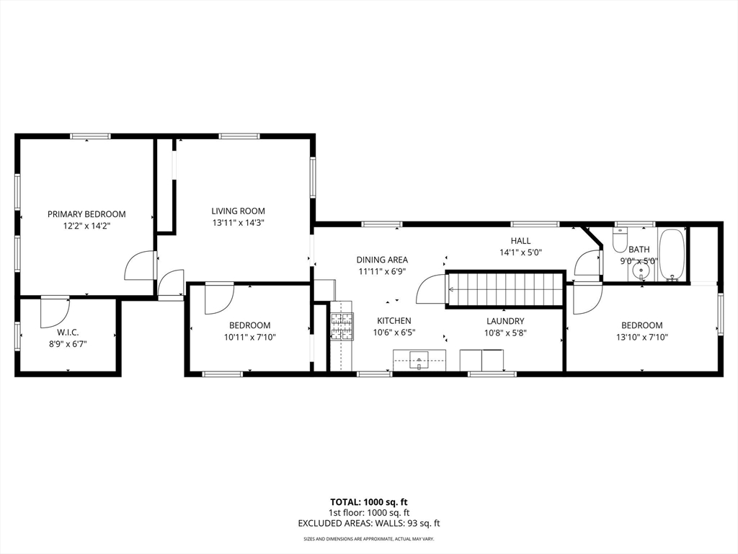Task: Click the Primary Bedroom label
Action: (86, 214)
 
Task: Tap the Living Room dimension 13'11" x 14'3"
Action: (238, 223)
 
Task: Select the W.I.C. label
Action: (68, 332)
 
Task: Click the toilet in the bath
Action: (621, 240)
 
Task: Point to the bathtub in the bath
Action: (672, 254)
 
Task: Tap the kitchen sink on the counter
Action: (419, 359)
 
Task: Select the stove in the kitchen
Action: (342, 325)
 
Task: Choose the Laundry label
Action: (504, 321)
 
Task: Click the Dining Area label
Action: (382, 260)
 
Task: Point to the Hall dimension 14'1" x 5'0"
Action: (520, 252)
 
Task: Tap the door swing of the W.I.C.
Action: (53, 310)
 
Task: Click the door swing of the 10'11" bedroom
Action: (218, 298)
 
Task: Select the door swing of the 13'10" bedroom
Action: (587, 298)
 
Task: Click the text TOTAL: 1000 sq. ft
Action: (368, 502)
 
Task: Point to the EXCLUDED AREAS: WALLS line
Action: (368, 524)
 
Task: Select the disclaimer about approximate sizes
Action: (368, 539)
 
